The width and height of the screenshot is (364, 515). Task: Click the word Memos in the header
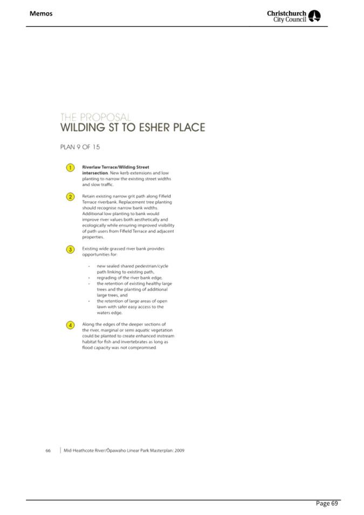click(41, 13)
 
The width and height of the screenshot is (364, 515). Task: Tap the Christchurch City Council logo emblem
click(315, 16)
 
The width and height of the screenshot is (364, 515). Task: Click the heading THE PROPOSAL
click(95, 117)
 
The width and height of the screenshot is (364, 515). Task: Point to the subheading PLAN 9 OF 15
click(80, 147)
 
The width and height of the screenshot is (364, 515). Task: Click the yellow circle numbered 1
click(70, 168)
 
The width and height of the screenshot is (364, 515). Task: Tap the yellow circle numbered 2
click(70, 197)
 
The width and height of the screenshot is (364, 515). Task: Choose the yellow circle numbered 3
click(70, 249)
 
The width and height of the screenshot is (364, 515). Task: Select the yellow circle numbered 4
click(70, 325)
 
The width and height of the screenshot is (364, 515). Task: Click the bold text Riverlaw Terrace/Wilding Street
click(115, 167)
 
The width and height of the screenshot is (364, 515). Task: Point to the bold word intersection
click(95, 173)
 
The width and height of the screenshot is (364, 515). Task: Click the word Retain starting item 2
click(88, 196)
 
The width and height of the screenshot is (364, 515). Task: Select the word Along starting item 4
click(88, 325)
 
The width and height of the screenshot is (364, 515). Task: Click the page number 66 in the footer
click(48, 450)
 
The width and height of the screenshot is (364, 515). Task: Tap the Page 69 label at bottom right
click(327, 504)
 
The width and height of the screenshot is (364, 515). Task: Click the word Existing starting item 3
click(90, 249)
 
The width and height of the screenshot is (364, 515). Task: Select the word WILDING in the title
click(83, 128)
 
